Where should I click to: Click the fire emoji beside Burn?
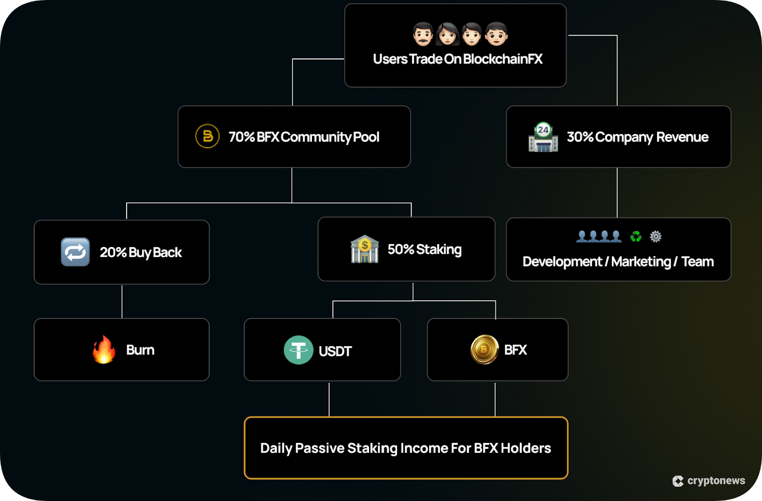(x=104, y=349)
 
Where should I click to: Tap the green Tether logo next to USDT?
(x=299, y=350)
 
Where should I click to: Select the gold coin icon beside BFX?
(x=484, y=349)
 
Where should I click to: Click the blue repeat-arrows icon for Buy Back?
(x=75, y=252)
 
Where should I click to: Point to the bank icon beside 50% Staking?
(x=364, y=249)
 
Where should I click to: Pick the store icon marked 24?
(x=543, y=137)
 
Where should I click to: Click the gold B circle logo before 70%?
(x=208, y=136)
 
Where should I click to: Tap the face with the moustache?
(x=422, y=34)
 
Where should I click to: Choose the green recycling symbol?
(x=636, y=236)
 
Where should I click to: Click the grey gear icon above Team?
(x=656, y=236)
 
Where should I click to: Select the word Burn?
(x=140, y=350)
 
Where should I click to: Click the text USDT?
(x=335, y=351)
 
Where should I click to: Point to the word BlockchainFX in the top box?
(x=502, y=59)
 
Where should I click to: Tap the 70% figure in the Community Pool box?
(x=241, y=137)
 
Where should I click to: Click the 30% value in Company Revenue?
(x=580, y=137)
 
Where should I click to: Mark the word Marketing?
(x=641, y=262)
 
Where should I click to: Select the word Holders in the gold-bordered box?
(x=526, y=448)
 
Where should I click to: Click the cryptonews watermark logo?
(x=678, y=481)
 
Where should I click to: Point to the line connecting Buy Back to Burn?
(x=122, y=301)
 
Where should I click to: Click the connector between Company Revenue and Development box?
(x=617, y=193)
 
